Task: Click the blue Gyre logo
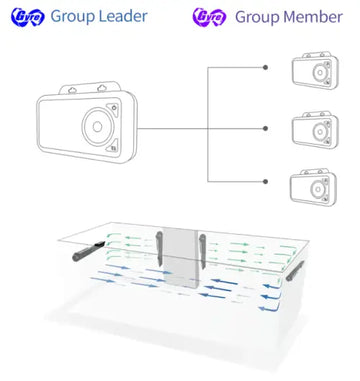click(x=27, y=16)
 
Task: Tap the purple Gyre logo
click(x=209, y=17)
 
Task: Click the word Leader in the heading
click(x=124, y=16)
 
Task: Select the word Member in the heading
click(x=315, y=17)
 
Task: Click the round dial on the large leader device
click(x=98, y=127)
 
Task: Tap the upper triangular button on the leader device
click(x=113, y=109)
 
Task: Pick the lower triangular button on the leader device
click(x=113, y=146)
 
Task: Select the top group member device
click(x=315, y=71)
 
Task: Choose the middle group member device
click(x=315, y=130)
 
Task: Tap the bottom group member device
click(x=313, y=187)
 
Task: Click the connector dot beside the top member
click(x=265, y=67)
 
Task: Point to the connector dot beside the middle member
click(x=265, y=128)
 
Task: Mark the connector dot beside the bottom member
click(x=265, y=182)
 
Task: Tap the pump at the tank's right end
click(x=295, y=271)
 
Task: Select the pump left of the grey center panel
click(x=160, y=249)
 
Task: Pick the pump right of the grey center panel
click(x=203, y=251)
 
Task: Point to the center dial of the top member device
click(x=320, y=72)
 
